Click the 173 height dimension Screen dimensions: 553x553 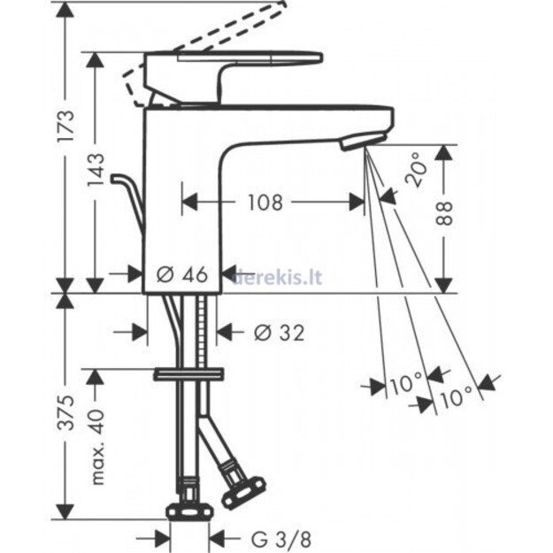coord(66,126)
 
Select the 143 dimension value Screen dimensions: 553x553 coord(96,169)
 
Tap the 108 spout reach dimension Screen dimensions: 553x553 coord(265,203)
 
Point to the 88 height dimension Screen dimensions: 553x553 coord(444,214)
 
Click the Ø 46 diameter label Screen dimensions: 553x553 coord(182,274)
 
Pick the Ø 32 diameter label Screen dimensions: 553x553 coord(280,333)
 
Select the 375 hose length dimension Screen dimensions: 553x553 coord(66,412)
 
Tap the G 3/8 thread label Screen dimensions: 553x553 coord(281,539)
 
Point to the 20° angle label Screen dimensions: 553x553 coord(415,170)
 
